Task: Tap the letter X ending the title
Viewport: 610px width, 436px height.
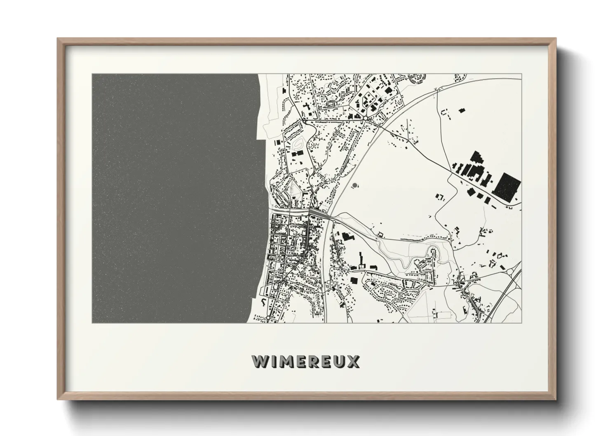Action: tap(353, 361)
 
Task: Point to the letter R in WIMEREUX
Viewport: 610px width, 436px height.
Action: tap(313, 361)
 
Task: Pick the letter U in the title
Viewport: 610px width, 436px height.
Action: tap(340, 361)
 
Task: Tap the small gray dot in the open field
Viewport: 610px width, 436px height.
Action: tap(355, 185)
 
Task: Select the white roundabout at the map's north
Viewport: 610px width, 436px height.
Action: tap(366, 118)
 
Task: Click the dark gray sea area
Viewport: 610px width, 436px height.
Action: tap(173, 198)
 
